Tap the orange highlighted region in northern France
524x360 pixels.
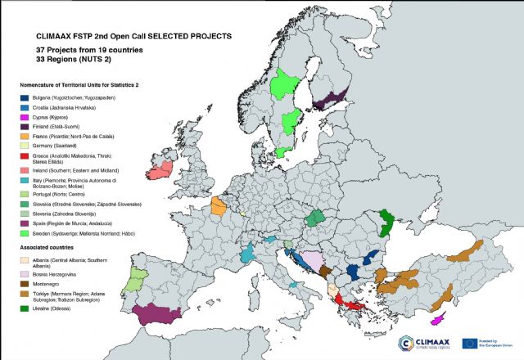pyautogui.click(x=219, y=206)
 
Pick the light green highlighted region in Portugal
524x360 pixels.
pyautogui.click(x=133, y=284)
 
